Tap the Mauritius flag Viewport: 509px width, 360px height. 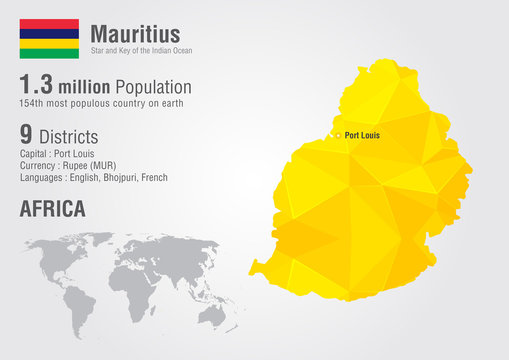(49, 38)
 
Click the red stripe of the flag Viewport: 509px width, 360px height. (49, 24)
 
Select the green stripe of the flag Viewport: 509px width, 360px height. (49, 53)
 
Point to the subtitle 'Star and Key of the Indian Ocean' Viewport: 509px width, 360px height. (141, 50)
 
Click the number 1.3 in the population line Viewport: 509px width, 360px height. (39, 86)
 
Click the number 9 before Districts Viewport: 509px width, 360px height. (27, 132)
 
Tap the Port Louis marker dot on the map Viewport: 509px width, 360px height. (338, 135)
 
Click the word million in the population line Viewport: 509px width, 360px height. (85, 88)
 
